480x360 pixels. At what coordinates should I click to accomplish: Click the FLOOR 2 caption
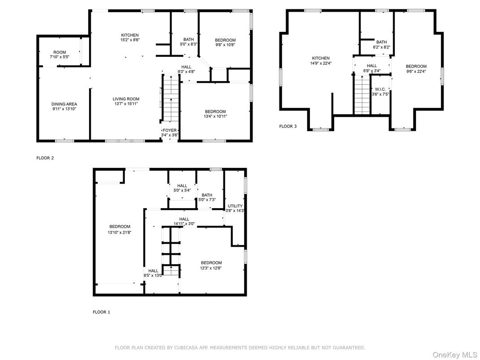point(45,158)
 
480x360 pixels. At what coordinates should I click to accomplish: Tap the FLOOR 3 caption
point(288,126)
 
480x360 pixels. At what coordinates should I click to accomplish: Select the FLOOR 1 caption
point(101,312)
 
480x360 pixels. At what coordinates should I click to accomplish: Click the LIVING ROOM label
point(126,99)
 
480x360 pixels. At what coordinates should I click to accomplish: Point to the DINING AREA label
point(64,104)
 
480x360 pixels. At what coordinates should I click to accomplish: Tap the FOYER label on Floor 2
point(170,130)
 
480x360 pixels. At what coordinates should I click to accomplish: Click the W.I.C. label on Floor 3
point(380,90)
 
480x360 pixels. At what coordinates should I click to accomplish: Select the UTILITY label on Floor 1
point(235,206)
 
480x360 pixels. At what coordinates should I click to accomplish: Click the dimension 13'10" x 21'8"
point(120,232)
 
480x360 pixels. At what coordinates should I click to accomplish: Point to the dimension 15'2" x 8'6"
point(130,40)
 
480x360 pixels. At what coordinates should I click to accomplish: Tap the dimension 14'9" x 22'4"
point(321,64)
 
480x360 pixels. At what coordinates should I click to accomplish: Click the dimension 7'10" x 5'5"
point(60,57)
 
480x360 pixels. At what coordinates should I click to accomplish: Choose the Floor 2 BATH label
point(189,39)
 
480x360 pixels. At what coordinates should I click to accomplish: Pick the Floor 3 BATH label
point(381,42)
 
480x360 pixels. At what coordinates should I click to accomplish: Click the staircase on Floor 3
point(362,94)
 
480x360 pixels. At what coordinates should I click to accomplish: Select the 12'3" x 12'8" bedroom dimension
point(211,268)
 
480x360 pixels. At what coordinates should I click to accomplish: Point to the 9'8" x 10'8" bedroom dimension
point(225,45)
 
